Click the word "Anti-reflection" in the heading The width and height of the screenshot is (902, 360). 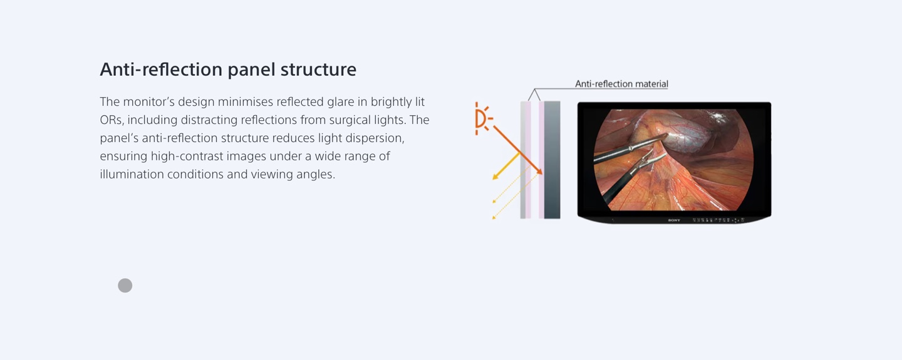coord(161,69)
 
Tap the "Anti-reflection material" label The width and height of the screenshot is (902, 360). coord(621,84)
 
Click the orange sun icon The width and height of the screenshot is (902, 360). coord(483,119)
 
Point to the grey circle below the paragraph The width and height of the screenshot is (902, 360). coord(125,285)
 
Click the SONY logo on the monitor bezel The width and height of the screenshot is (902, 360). coord(674,220)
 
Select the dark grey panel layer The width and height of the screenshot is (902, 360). coord(552,160)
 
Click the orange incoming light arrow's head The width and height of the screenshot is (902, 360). coord(539,171)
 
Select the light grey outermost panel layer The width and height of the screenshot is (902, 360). coord(523,160)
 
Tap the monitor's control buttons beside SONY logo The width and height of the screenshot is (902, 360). coord(718,220)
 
